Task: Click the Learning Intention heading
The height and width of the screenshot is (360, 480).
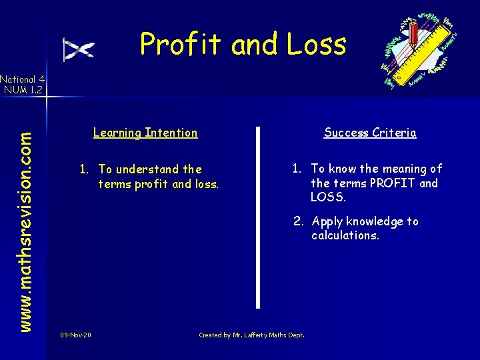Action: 145,133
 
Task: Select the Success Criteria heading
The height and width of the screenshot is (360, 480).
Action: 370,133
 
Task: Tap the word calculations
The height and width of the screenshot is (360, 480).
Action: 345,235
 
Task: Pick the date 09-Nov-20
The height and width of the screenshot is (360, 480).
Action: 75,335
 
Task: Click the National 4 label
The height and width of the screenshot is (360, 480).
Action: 23,78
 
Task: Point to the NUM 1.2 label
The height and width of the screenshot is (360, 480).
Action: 23,89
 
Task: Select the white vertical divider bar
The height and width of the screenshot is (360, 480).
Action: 258,217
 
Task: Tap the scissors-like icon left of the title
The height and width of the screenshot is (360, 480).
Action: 78,49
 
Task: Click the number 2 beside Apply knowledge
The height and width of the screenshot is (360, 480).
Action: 299,221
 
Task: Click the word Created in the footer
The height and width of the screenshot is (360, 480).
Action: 210,335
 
